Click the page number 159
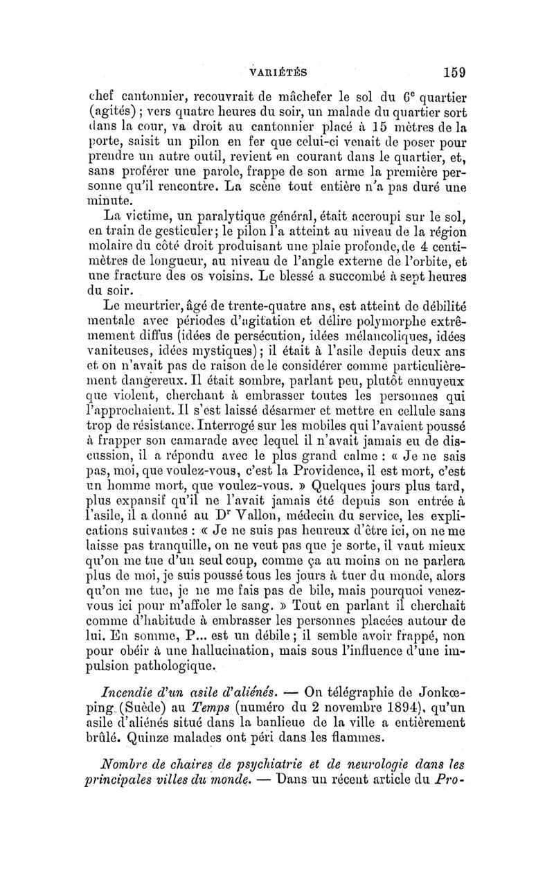click(x=449, y=71)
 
